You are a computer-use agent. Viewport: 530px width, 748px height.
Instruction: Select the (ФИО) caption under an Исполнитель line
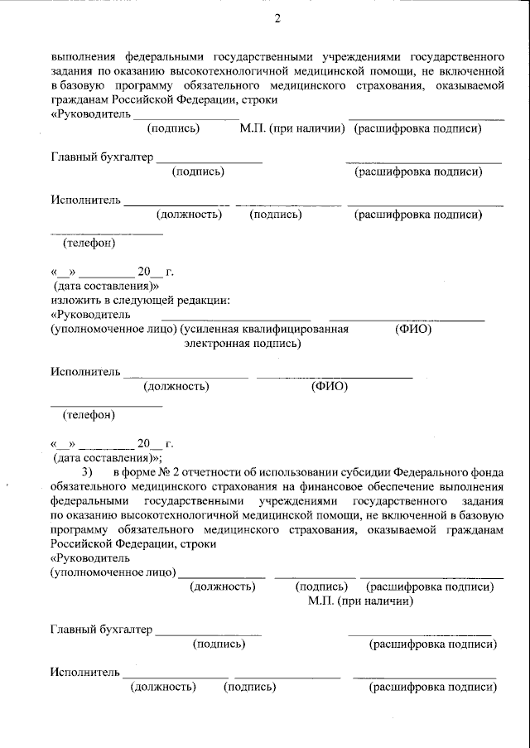329,386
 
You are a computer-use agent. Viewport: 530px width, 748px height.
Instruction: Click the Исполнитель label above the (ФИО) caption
85,372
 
